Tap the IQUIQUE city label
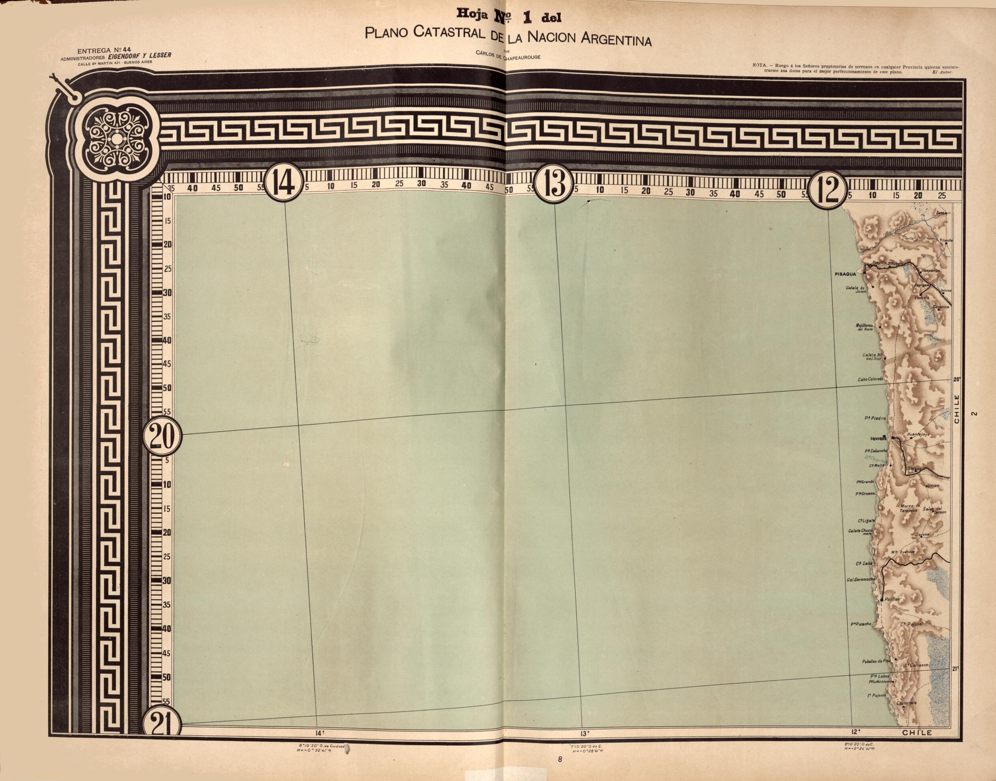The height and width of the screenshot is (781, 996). (878, 439)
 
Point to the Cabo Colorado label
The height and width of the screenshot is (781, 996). (870, 379)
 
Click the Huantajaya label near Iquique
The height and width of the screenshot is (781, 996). (918, 434)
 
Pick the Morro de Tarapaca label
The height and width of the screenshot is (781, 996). (910, 508)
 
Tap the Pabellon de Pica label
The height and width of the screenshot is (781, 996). (876, 661)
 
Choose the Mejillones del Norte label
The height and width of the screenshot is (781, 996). (864, 327)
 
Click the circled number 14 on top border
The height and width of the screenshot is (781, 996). (284, 183)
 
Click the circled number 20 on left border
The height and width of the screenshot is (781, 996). (163, 436)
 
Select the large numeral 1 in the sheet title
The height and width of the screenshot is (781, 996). (527, 17)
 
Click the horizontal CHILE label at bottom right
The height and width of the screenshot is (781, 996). (917, 732)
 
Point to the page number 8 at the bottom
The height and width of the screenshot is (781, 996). (560, 760)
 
